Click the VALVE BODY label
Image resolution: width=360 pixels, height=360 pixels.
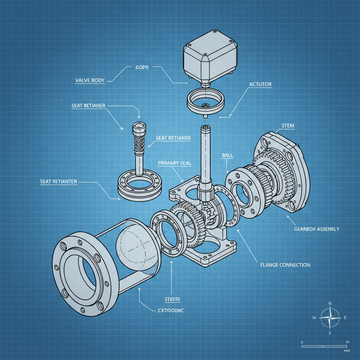(x=90, y=80)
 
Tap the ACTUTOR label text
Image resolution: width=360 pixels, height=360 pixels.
(x=260, y=84)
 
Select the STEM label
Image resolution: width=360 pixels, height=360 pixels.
(x=288, y=126)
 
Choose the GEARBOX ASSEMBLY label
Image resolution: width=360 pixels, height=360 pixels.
(x=316, y=229)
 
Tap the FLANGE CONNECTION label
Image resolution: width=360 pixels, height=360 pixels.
(x=285, y=265)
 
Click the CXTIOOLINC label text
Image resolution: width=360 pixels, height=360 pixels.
(x=169, y=310)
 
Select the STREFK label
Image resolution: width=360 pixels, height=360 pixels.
(x=173, y=299)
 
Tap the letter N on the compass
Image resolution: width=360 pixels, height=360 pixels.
(x=329, y=303)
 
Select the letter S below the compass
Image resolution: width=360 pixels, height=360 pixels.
(x=329, y=333)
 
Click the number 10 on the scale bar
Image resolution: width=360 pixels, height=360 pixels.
(x=347, y=342)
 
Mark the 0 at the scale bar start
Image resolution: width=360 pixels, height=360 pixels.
(x=302, y=342)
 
